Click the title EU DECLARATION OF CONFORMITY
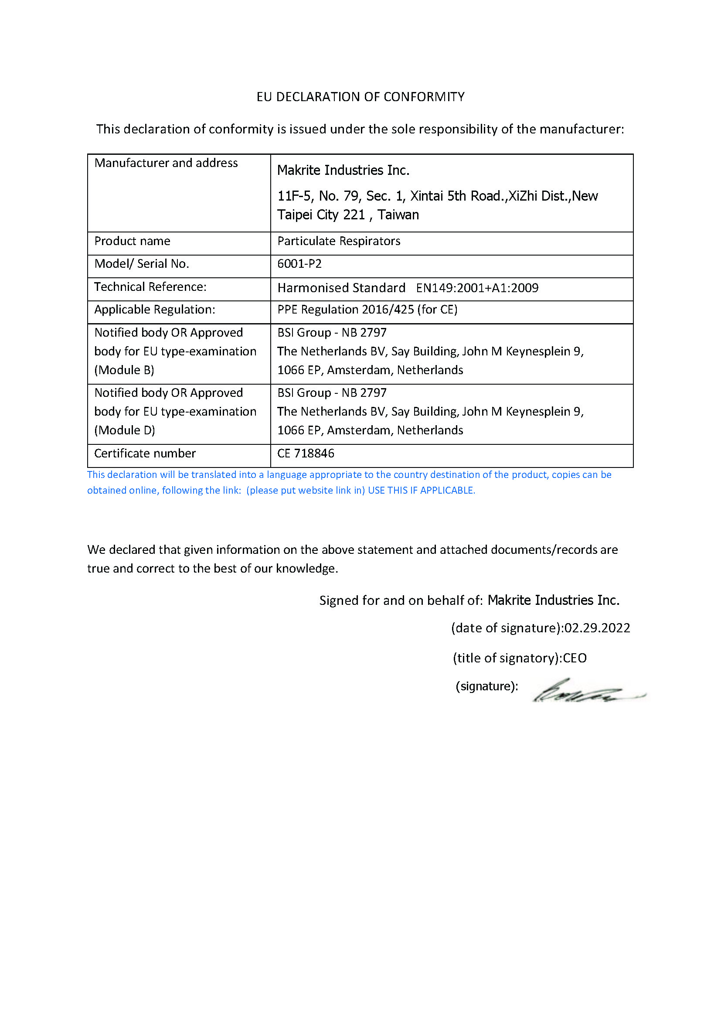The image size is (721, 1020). tap(360, 97)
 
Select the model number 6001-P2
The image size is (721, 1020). tap(299, 264)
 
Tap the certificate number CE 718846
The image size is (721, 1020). tap(306, 453)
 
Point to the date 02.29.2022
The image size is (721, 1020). tap(597, 628)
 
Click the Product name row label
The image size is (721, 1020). tap(133, 241)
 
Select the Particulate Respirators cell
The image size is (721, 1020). tap(339, 241)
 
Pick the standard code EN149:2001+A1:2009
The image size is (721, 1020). tap(477, 288)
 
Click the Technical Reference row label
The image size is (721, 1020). tap(150, 287)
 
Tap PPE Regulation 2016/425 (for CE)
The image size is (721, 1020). tap(367, 309)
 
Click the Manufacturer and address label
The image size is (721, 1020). tap(166, 163)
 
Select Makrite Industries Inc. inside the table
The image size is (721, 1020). tap(343, 170)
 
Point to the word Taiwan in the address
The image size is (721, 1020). tap(398, 215)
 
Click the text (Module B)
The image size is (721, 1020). tap(124, 370)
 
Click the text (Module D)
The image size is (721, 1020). tap(125, 430)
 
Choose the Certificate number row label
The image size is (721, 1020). tap(145, 453)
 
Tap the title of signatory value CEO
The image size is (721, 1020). tap(575, 658)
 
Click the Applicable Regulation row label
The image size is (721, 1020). tap(154, 309)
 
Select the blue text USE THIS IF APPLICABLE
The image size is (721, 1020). tap(422, 491)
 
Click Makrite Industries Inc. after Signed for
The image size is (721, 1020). tap(553, 600)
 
